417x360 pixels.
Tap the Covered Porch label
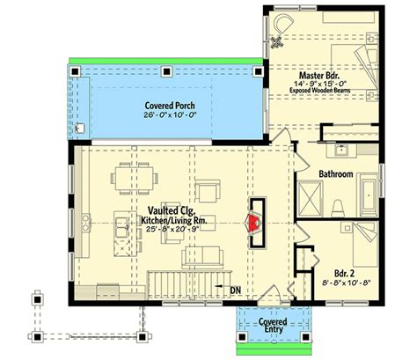[170, 106]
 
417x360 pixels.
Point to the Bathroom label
[336, 174]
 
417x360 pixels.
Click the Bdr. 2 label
[344, 274]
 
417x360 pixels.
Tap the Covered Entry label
[274, 326]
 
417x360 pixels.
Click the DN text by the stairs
[236, 290]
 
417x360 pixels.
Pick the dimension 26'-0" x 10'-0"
[170, 114]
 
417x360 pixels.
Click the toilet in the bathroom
[337, 208]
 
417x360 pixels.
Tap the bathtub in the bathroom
[369, 195]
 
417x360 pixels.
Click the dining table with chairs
[134, 179]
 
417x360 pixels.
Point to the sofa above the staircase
[201, 257]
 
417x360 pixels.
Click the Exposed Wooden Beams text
[320, 91]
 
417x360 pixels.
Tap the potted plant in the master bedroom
[276, 41]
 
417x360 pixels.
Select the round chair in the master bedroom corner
[282, 23]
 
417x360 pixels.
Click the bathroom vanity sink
[341, 151]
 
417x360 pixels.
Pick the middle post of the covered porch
[166, 71]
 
